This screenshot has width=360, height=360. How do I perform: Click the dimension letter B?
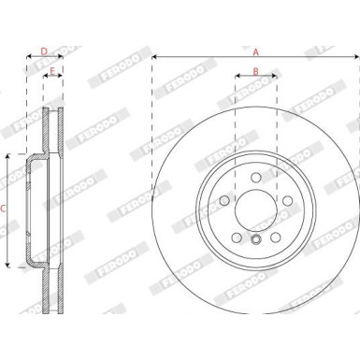tap(255, 71)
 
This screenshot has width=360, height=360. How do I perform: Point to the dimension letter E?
tap(53, 71)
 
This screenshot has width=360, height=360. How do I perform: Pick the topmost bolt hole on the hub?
tap(255, 176)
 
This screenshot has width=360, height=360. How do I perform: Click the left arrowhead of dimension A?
tap(154, 57)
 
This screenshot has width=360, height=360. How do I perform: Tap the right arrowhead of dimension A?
tap(356, 57)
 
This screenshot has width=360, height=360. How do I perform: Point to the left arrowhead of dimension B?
tap(237, 79)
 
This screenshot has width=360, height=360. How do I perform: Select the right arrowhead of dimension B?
tap(275, 79)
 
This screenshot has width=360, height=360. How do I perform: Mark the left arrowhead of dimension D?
tap(28, 57)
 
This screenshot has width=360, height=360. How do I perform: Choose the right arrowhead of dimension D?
tap(62, 57)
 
